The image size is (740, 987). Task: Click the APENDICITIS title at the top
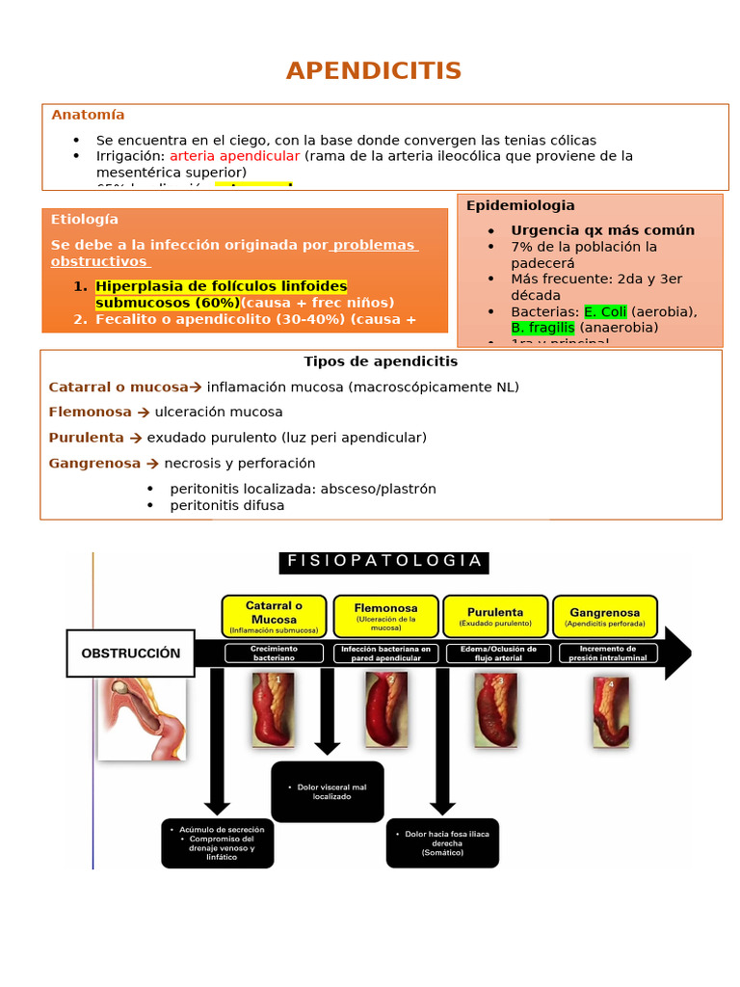tap(373, 70)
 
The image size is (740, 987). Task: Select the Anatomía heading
tap(88, 115)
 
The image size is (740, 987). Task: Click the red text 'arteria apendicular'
tap(235, 156)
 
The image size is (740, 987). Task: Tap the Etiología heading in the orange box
tap(85, 220)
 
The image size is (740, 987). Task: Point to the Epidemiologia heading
tap(520, 205)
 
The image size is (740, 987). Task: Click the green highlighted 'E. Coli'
tap(605, 311)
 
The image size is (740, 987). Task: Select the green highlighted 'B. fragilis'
tap(542, 328)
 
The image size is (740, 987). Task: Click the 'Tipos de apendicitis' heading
tap(381, 361)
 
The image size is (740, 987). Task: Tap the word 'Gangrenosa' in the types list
tap(94, 464)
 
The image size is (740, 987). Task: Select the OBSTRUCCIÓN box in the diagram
tap(130, 654)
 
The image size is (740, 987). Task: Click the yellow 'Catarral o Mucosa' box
tap(274, 616)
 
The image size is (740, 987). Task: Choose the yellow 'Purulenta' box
tap(495, 616)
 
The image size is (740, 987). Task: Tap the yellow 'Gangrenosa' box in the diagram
tap(604, 616)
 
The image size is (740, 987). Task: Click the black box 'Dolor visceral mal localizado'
tap(328, 792)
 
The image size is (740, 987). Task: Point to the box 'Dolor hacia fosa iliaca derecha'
tap(442, 842)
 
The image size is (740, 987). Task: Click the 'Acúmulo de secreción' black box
tap(218, 842)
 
